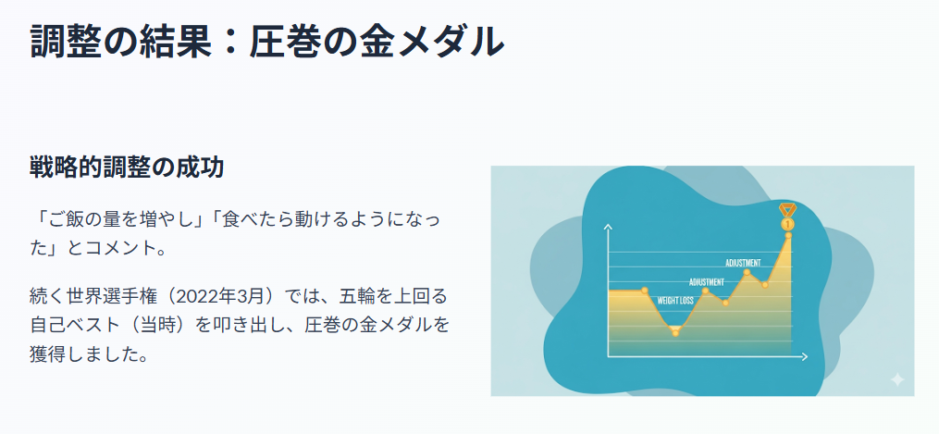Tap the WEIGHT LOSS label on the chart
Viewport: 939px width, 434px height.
pos(675,301)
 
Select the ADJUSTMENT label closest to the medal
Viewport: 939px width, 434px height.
pos(743,263)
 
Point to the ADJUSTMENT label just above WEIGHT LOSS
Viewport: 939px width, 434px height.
pos(707,282)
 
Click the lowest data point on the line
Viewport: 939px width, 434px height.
pos(675,333)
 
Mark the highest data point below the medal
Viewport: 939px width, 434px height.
pos(789,235)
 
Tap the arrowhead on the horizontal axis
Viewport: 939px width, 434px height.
pos(804,357)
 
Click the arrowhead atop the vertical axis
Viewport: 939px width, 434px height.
pos(609,227)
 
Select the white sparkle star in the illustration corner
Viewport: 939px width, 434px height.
pos(897,379)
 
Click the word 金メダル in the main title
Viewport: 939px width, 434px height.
pos(431,42)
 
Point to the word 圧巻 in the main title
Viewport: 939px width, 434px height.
pos(285,42)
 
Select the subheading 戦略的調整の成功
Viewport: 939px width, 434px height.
pos(127,168)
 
